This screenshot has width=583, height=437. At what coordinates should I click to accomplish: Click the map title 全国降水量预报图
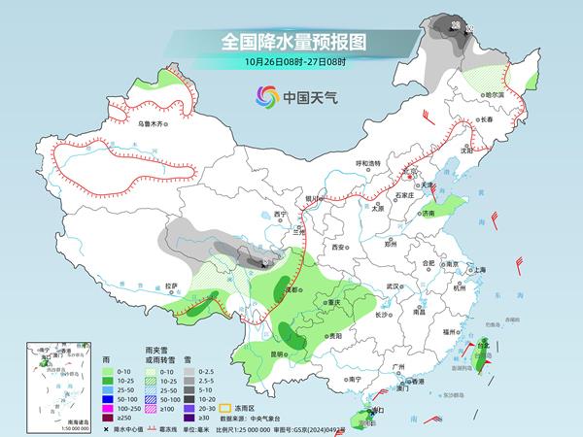coord(291,43)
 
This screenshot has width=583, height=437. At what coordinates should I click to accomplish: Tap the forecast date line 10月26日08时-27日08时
coord(291,64)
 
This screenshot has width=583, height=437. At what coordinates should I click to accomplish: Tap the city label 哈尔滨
coord(497,95)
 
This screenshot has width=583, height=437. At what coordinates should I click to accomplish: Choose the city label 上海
coord(476,269)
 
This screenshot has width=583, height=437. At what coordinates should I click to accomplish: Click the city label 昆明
coord(280,353)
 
